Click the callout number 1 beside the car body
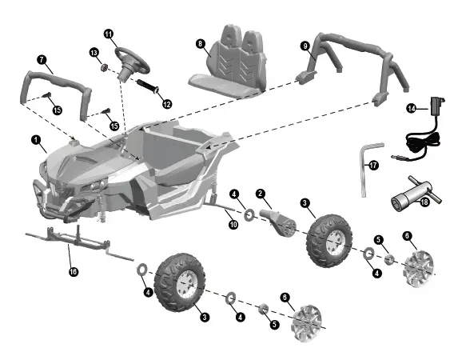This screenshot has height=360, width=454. (37, 140)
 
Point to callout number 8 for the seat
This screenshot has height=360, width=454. (200, 45)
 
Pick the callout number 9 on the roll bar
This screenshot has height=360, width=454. (305, 47)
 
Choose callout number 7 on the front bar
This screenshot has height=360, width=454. (42, 59)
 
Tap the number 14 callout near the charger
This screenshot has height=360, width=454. (411, 107)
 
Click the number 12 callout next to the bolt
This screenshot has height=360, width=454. (166, 103)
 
